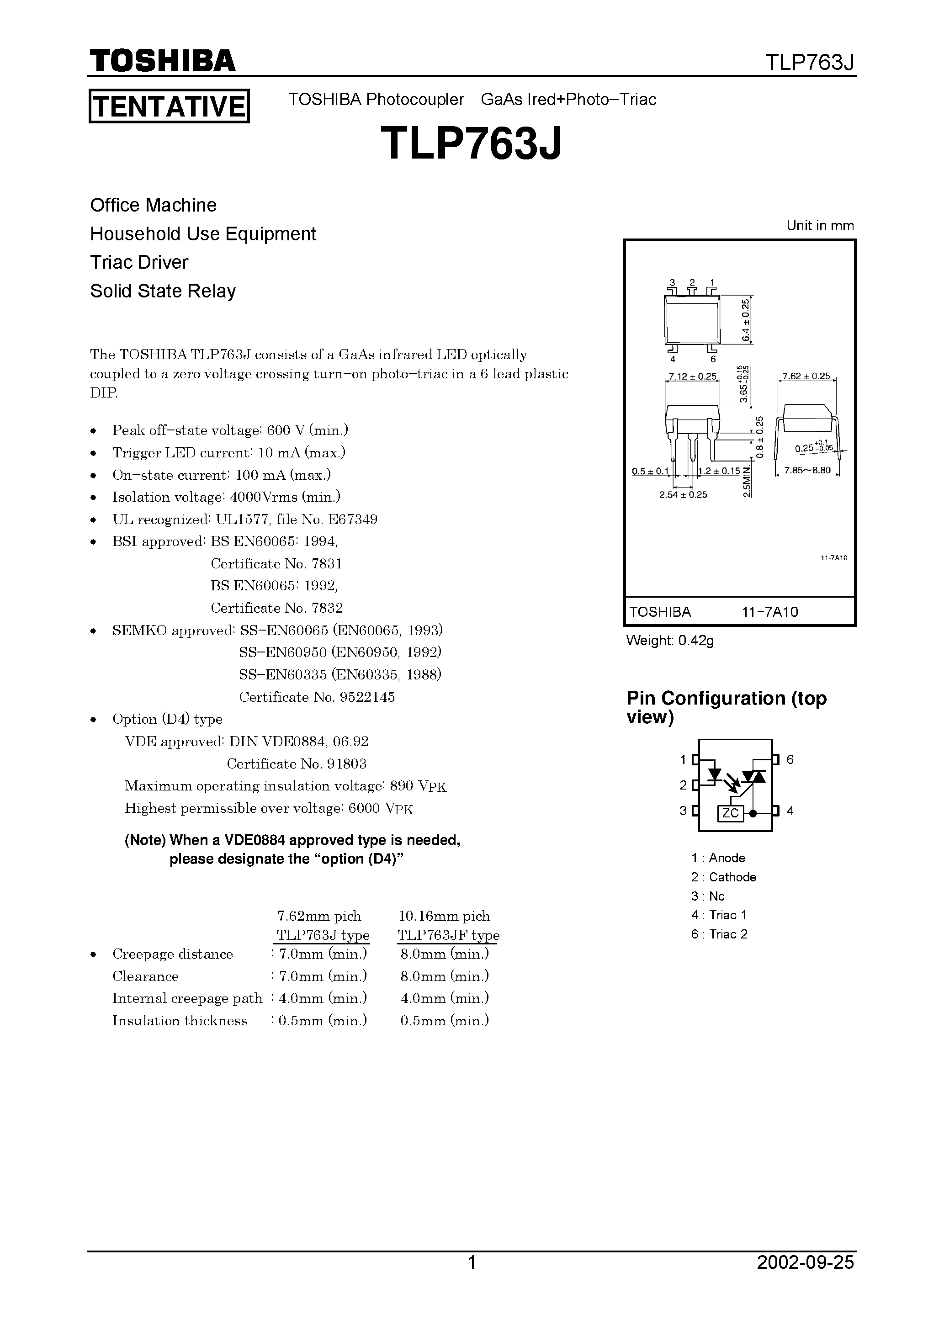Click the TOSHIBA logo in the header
(x=162, y=60)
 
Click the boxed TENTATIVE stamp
(x=169, y=106)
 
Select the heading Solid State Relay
(x=163, y=291)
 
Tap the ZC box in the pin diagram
(x=731, y=813)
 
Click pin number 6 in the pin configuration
(x=790, y=759)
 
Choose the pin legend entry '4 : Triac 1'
(x=719, y=915)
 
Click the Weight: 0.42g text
(x=670, y=641)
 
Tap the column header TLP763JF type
(x=448, y=935)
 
